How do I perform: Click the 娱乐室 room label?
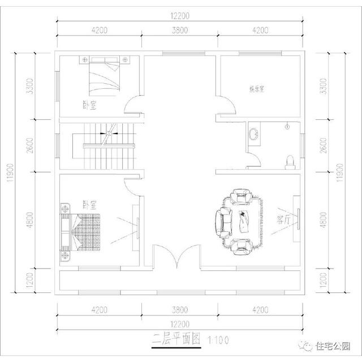click(x=257, y=89)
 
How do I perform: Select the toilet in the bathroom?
click(x=291, y=162)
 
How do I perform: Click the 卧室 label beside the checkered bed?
click(x=89, y=204)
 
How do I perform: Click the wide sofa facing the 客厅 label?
click(x=222, y=221)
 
